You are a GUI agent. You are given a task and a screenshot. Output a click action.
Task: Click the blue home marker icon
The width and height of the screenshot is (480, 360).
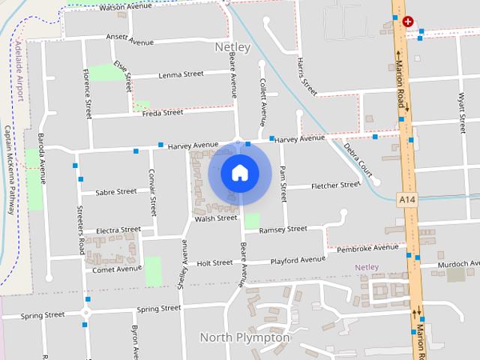point(239,172)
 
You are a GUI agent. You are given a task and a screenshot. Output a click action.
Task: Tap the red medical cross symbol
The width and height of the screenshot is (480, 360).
point(408,22)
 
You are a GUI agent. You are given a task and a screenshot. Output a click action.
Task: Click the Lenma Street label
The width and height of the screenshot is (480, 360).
point(181,74)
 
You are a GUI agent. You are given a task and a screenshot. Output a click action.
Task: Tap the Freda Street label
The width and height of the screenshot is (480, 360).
point(162,113)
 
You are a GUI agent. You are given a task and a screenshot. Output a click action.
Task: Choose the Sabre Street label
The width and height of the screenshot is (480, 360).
point(116,192)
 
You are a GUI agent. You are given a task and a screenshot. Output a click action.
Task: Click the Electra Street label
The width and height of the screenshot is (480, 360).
point(118,229)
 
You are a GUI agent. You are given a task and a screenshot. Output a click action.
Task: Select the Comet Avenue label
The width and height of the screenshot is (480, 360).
point(116,268)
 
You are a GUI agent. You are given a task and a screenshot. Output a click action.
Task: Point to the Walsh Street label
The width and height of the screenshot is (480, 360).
point(215,218)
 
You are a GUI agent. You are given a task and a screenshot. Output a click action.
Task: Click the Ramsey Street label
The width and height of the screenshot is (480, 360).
point(283,229)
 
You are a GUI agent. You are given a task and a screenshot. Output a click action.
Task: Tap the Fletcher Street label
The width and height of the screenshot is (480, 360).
point(335,184)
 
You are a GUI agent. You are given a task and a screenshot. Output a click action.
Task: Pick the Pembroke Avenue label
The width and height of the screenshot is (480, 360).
point(367,247)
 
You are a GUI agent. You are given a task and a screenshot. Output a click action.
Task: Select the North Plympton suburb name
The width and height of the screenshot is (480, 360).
point(244,337)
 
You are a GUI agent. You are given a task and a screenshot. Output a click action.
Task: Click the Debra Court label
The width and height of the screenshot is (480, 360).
point(358,153)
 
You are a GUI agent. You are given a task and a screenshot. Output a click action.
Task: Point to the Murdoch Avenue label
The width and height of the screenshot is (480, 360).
point(459,264)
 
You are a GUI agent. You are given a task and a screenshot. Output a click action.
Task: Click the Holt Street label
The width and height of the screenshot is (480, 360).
point(214,263)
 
